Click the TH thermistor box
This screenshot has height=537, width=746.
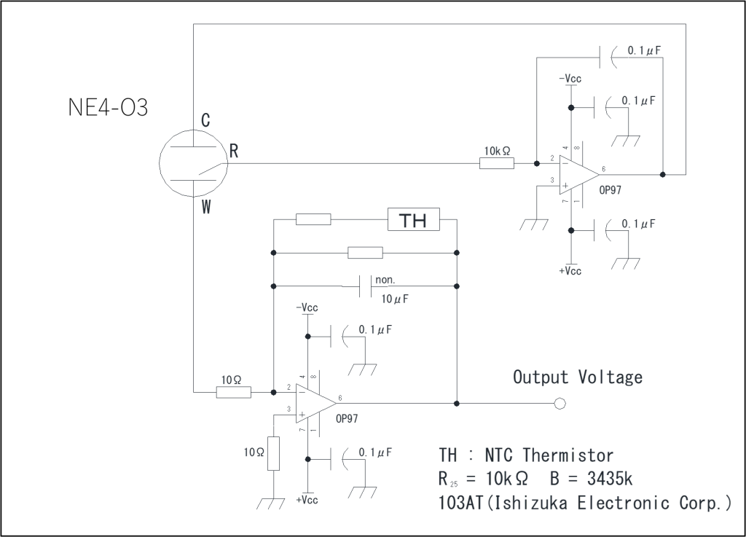pyautogui.click(x=413, y=219)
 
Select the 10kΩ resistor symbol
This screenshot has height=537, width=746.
pyautogui.click(x=497, y=164)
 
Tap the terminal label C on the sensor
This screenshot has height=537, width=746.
pyautogui.click(x=205, y=121)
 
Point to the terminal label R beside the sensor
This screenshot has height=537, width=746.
pyautogui.click(x=234, y=152)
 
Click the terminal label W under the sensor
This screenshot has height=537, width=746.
pyautogui.click(x=206, y=208)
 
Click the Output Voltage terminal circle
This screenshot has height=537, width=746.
pyautogui.click(x=559, y=403)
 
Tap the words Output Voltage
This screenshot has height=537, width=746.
pyautogui.click(x=578, y=377)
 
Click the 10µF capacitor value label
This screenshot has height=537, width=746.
pyautogui.click(x=394, y=299)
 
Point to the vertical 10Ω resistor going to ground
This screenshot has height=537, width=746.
pyautogui.click(x=273, y=454)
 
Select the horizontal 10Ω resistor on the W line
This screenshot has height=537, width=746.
pyautogui.click(x=234, y=393)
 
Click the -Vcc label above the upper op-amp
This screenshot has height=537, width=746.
pyautogui.click(x=570, y=79)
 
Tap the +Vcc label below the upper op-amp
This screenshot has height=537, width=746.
pyautogui.click(x=570, y=271)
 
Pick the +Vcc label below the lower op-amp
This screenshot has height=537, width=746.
pyautogui.click(x=307, y=501)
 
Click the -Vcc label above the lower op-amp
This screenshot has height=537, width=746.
pyautogui.click(x=307, y=308)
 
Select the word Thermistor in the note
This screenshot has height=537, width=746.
pyautogui.click(x=568, y=456)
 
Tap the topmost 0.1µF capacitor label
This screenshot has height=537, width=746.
pyautogui.click(x=644, y=52)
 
